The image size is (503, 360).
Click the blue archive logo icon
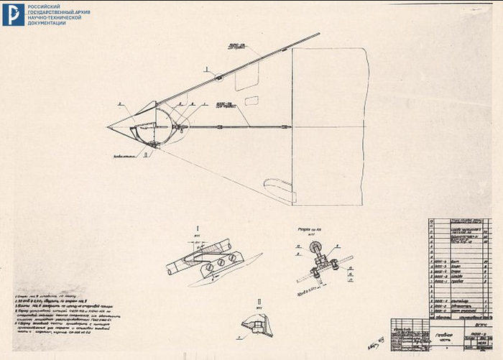point(13,14)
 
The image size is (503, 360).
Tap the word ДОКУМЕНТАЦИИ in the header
point(47,23)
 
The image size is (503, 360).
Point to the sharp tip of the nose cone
point(109,127)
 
